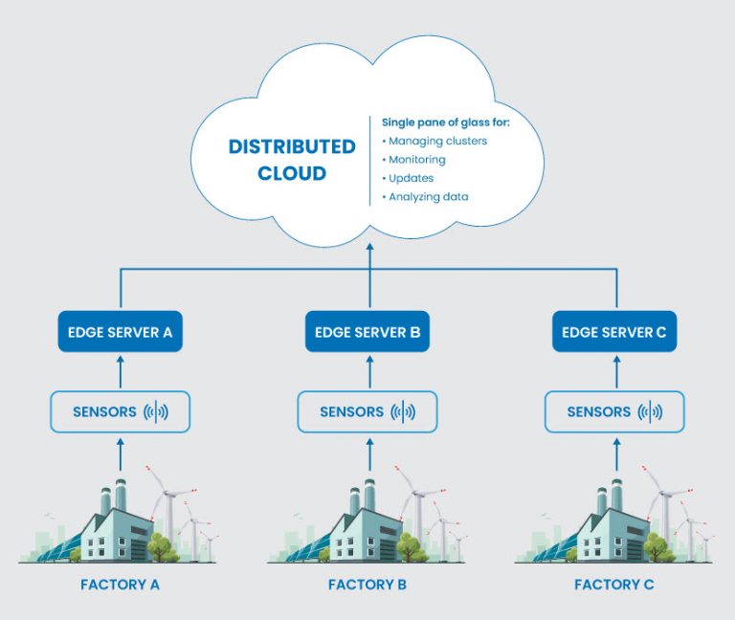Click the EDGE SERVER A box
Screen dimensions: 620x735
coord(121,333)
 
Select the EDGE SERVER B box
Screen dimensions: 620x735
coord(367,333)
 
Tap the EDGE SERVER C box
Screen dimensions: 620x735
coord(615,333)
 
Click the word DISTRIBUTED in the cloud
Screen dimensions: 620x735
coord(292,146)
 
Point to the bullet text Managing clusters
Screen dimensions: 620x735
coord(437,141)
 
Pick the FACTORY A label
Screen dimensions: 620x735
coord(121,584)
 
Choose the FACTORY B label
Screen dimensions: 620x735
coord(367,584)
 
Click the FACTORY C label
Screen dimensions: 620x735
coord(615,584)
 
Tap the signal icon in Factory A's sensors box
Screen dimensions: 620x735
coord(156,412)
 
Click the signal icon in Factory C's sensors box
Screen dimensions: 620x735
coord(650,412)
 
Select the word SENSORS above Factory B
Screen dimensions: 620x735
coord(351,412)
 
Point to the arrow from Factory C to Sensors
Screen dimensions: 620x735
coord(615,452)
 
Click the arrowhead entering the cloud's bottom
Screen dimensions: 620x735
coord(369,246)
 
